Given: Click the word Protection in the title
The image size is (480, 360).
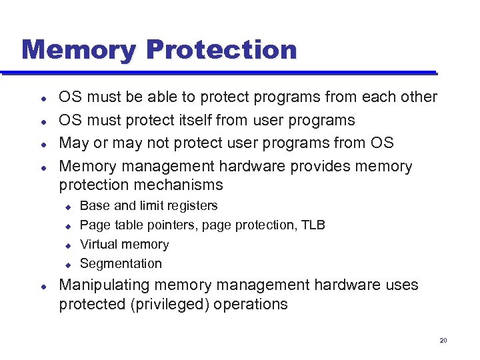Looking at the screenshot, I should click(221, 50).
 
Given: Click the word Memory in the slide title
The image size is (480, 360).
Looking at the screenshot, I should click(79, 50).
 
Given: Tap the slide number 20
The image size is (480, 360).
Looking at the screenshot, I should click(443, 341).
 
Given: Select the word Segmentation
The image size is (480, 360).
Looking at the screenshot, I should click(121, 263).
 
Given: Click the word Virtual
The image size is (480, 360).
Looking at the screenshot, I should click(98, 244).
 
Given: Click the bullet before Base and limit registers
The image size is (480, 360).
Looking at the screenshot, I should click(67, 207).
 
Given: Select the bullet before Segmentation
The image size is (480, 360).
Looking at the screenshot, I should click(67, 265).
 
